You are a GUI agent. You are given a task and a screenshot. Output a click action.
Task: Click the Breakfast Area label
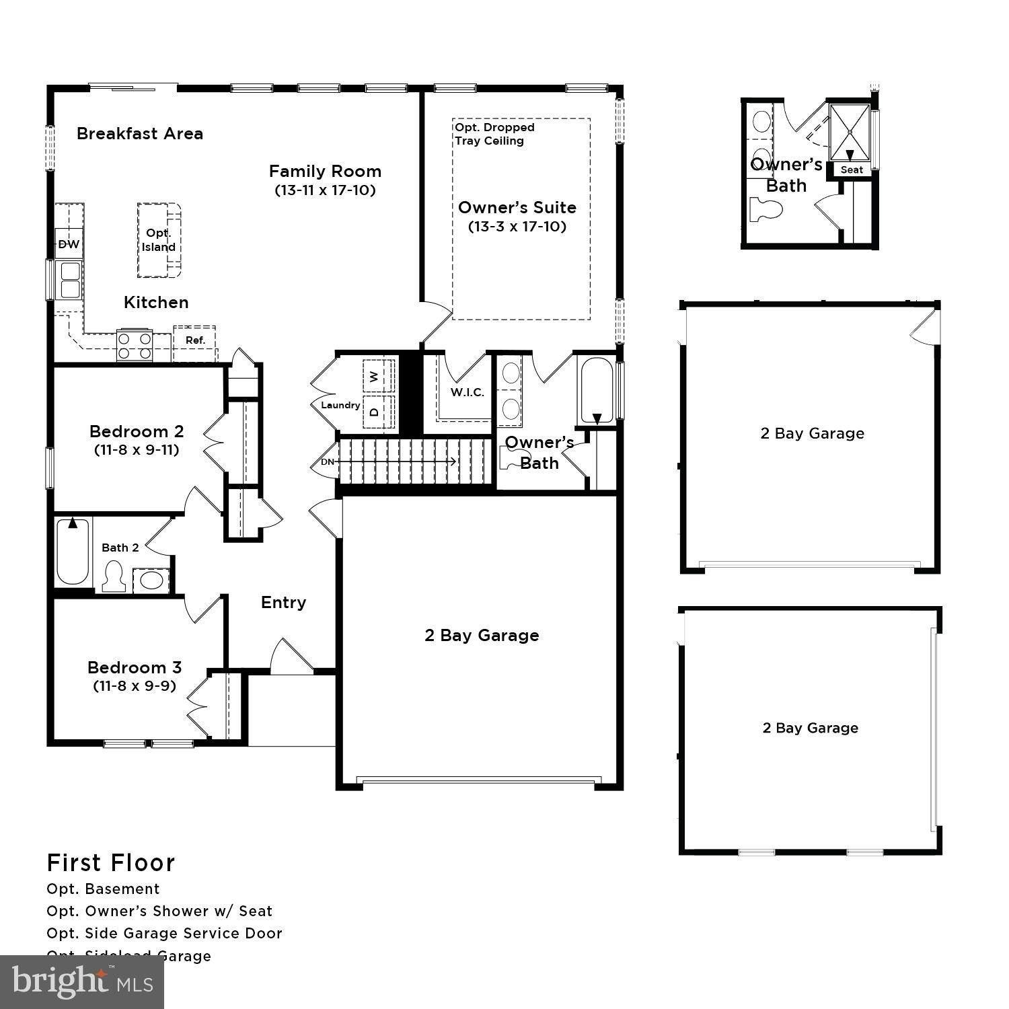(140, 133)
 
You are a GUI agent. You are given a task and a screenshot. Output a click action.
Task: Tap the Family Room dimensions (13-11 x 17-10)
(325, 190)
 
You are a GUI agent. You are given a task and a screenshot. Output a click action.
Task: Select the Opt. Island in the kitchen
(159, 240)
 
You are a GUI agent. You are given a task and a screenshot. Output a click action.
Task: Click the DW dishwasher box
(69, 244)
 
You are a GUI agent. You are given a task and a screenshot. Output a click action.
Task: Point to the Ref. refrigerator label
(195, 340)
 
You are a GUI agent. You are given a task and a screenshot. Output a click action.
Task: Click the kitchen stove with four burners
(135, 346)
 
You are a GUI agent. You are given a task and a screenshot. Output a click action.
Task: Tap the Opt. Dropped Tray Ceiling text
(494, 134)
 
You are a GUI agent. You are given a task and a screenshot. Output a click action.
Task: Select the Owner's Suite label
(517, 207)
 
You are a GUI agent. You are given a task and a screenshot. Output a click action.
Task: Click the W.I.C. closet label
(467, 392)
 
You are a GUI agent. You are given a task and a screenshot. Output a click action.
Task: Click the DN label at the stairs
(327, 462)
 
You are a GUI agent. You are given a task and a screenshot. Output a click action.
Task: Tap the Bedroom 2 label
(137, 431)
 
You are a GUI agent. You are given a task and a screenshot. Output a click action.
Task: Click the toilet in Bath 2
(112, 577)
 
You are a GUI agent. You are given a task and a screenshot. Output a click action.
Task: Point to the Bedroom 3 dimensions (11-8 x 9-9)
(135, 686)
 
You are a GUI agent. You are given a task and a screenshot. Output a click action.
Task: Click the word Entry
(283, 602)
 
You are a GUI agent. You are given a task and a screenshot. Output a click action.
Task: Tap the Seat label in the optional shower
(852, 170)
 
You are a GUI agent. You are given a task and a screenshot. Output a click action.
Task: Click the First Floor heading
(111, 862)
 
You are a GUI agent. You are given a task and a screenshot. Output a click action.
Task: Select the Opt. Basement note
(103, 889)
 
